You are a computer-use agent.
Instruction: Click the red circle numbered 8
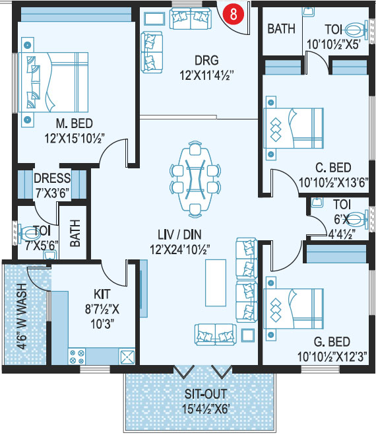234,14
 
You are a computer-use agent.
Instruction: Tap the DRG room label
206,60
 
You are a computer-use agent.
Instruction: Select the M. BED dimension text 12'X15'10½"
75,138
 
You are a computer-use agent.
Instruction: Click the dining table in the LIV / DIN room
195,180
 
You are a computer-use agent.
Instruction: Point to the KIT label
102,294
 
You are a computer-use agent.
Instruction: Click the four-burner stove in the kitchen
77,356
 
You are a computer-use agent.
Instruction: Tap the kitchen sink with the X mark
127,356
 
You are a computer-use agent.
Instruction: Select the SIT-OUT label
206,394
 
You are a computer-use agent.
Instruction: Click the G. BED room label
332,342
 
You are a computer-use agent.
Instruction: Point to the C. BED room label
333,168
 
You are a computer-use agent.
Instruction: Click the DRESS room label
52,178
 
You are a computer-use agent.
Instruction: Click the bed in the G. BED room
293,308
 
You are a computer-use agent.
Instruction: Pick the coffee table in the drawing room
154,19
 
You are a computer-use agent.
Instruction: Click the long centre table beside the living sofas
216,283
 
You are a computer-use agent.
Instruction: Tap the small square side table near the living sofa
247,335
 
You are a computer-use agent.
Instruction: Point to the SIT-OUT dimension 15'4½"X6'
206,409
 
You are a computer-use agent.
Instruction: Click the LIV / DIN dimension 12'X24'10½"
179,250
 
